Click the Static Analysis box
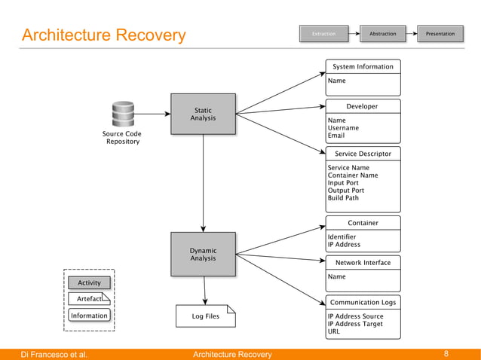pos(203,114)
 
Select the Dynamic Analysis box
pos(203,255)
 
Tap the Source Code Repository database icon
pos(122,114)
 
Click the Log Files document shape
pos(205,316)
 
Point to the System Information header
pos(363,67)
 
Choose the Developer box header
pos(363,107)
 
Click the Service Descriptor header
pos(363,154)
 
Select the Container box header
pos(363,223)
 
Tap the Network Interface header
pos(363,263)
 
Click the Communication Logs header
pos(363,303)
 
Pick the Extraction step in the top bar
pos(323,34)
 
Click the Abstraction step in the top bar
pos(382,34)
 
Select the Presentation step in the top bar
pos(440,34)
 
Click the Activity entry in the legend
pos(89,283)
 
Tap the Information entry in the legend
pos(89,316)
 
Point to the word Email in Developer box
pos(336,136)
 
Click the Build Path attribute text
pos(343,198)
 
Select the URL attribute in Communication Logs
pos(334,331)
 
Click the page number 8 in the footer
pos(446,354)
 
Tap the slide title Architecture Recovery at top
pos(103,35)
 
